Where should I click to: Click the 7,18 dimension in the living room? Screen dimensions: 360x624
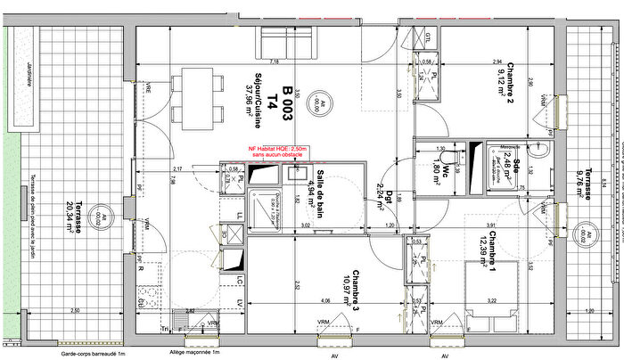point(275,62)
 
